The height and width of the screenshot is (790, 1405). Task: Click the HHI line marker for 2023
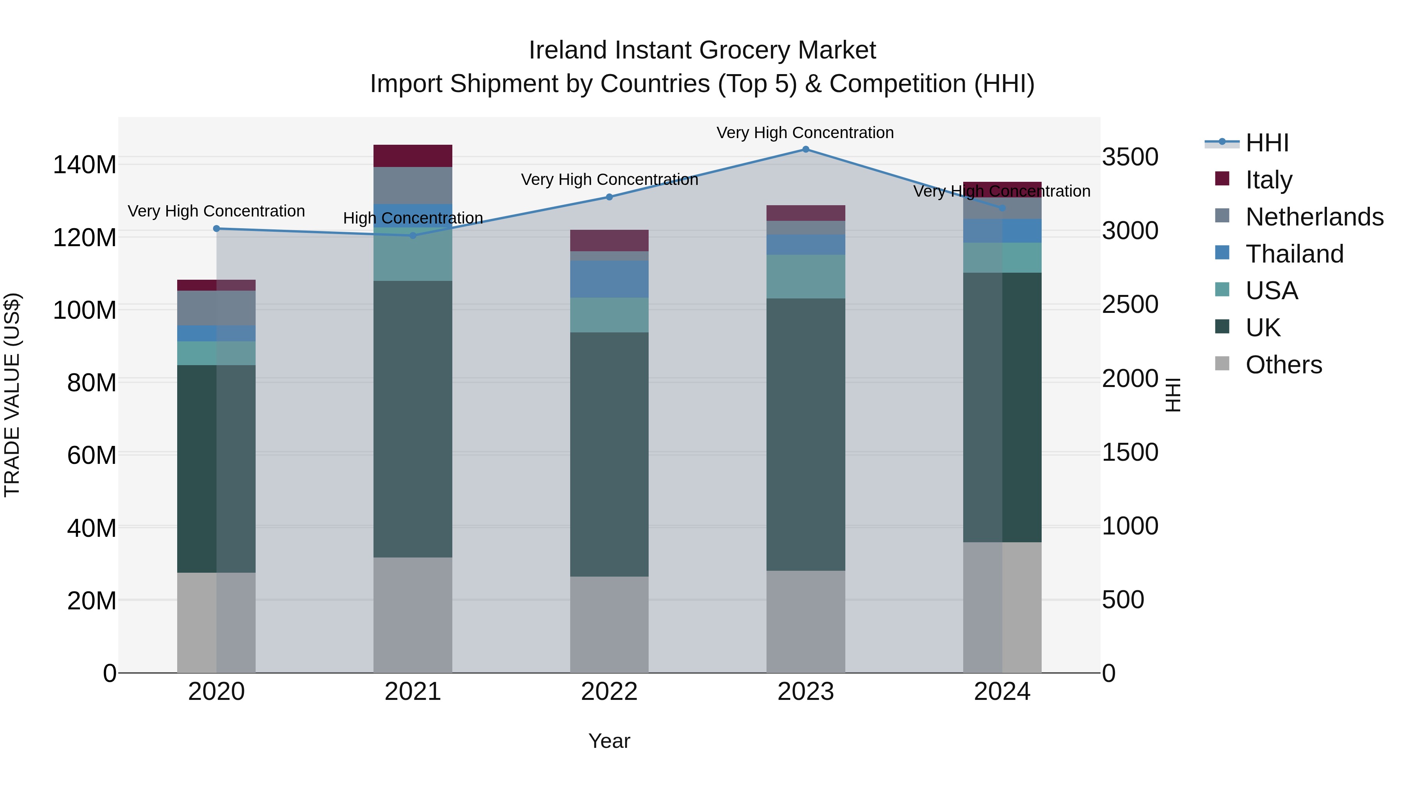[806, 149]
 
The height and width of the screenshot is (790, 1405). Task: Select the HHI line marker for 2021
[413, 236]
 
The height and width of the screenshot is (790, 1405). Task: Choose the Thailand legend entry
[1294, 254]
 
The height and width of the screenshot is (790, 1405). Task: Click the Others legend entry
[1283, 364]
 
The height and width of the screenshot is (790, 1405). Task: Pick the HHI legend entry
[1267, 143]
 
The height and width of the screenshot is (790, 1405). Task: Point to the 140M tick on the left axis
[85, 165]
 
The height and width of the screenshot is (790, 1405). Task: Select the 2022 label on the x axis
[609, 692]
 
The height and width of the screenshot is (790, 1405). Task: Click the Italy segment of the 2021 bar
[413, 156]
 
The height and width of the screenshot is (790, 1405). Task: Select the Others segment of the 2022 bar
[609, 624]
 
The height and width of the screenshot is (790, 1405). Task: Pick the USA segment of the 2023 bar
[806, 277]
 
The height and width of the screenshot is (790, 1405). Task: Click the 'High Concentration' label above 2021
[413, 218]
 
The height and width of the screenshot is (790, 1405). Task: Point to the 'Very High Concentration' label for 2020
[217, 211]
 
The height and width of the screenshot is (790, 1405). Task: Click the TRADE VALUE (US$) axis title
[12, 395]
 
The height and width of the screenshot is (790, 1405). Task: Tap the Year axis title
[609, 741]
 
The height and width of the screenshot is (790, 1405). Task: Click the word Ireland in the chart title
[568, 50]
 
